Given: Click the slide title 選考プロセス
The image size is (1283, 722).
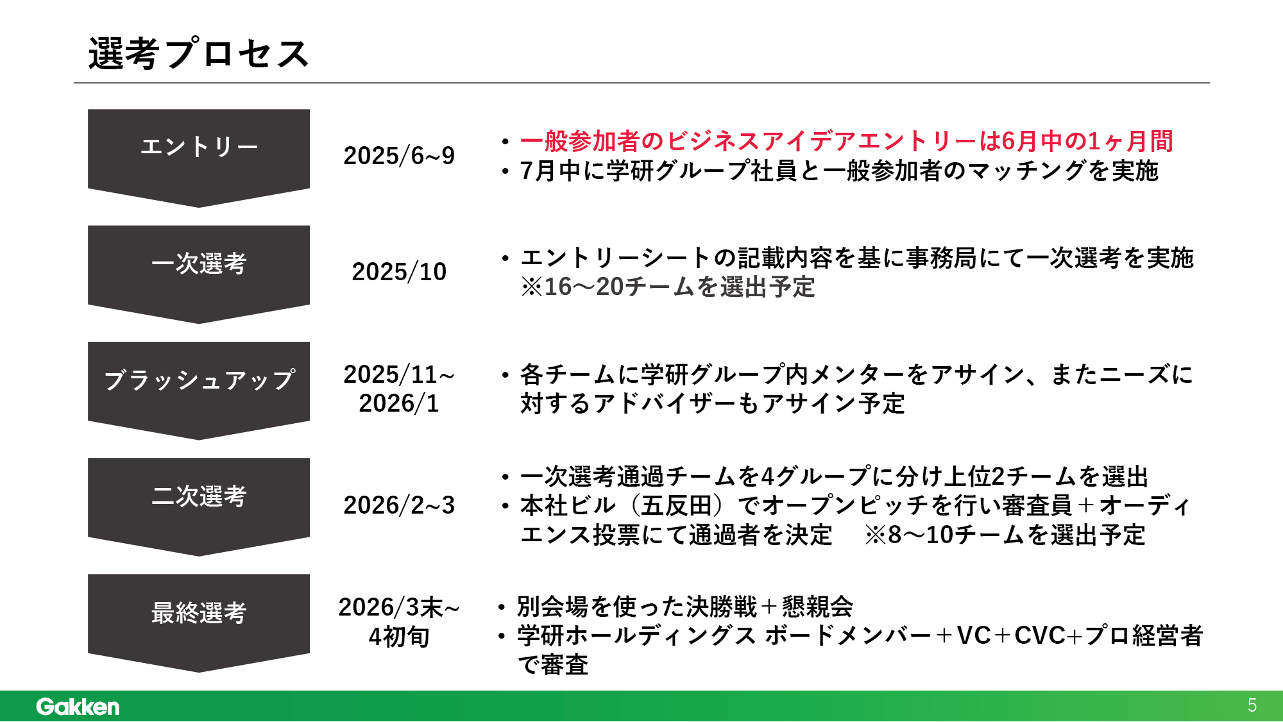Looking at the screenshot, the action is pyautogui.click(x=199, y=53).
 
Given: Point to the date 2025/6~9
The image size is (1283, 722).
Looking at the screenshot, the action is pyautogui.click(x=399, y=156).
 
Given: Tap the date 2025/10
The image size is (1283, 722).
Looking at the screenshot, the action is pyautogui.click(x=399, y=272).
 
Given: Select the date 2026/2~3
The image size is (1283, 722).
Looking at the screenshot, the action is pyautogui.click(x=399, y=505).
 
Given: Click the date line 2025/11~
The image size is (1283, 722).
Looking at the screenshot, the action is pyautogui.click(x=399, y=374).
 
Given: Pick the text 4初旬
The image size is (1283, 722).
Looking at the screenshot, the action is pyautogui.click(x=399, y=637).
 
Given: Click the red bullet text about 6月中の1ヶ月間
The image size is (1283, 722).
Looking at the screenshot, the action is pyautogui.click(x=847, y=141).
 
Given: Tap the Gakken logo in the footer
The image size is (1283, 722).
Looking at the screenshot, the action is pyautogui.click(x=78, y=706).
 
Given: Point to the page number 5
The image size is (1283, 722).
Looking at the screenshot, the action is pyautogui.click(x=1252, y=705).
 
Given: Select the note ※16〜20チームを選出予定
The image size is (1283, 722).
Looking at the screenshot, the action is pyautogui.click(x=668, y=287).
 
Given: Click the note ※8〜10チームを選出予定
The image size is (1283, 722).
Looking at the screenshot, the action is pyautogui.click(x=1005, y=535).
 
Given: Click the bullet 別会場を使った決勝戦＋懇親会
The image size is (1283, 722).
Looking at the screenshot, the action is pyautogui.click(x=685, y=606).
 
